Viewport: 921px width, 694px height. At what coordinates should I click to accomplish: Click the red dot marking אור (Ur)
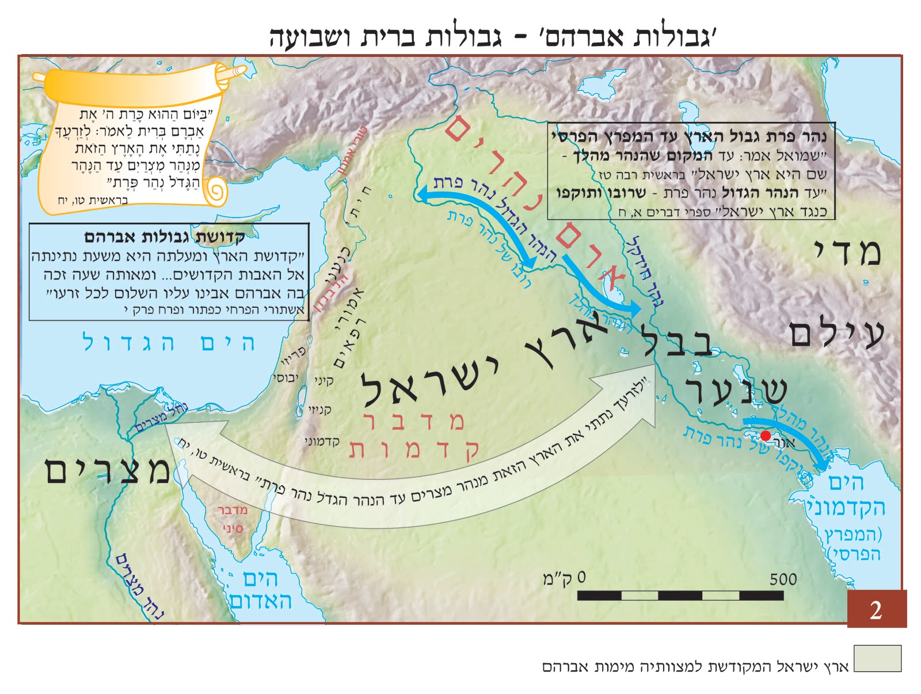pos(766,436)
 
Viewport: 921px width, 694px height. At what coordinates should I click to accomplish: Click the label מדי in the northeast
pos(847,252)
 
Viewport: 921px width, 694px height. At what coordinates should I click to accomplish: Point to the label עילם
pos(836,334)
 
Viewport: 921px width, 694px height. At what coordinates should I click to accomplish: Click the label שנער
pos(736,390)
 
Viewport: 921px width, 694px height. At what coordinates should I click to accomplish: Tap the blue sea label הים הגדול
pos(169,343)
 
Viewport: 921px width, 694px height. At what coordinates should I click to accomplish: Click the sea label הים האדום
pos(261,590)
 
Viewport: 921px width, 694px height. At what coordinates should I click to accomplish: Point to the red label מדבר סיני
pos(232,519)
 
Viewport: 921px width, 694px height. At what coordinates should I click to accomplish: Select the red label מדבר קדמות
pos(413,436)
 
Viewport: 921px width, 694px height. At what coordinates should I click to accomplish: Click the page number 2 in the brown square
pos(876,609)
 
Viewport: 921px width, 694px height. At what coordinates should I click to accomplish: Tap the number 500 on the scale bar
pos(783,579)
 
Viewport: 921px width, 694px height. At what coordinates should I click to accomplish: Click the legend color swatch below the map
pos(877,658)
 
